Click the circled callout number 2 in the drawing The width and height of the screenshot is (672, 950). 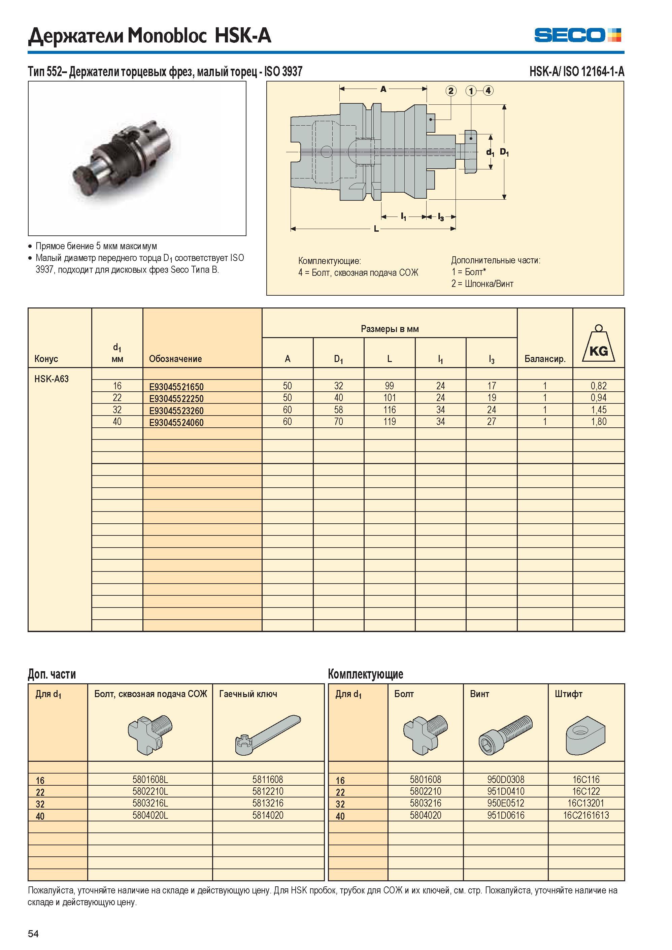coord(450,91)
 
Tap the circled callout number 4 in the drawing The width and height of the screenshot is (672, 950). coord(488,90)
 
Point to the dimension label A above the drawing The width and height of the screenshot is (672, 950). coord(383,89)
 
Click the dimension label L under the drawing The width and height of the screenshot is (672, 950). coord(376,229)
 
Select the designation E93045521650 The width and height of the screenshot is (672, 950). coord(176,387)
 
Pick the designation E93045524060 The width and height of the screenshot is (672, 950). coord(176,423)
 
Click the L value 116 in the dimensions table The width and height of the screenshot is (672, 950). coord(390,410)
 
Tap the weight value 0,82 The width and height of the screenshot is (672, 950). coord(598,386)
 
